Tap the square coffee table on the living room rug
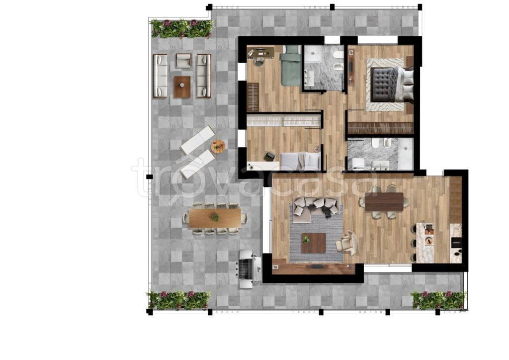tap(313, 243)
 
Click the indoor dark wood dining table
tap(384, 202)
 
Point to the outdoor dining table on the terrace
tap(215, 218)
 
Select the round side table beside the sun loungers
tap(218, 147)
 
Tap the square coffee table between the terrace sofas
tap(182, 87)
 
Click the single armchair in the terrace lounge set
tap(184, 61)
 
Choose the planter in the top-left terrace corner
tap(182, 29)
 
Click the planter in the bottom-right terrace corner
tap(438, 300)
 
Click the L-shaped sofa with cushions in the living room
tap(317, 207)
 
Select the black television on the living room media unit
tap(315, 266)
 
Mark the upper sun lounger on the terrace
tap(197, 140)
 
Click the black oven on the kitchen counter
tap(456, 241)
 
